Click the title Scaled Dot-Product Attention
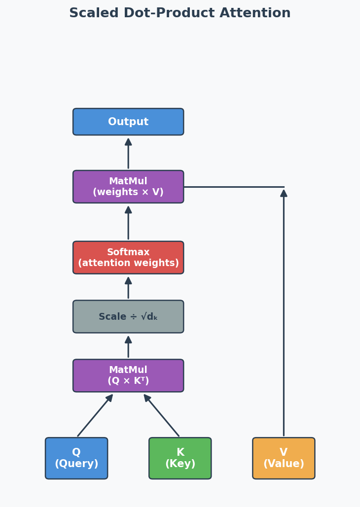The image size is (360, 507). pos(180,13)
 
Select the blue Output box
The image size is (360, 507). pos(128,122)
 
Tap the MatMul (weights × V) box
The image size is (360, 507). pos(128,187)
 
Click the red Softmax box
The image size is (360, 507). pos(128,257)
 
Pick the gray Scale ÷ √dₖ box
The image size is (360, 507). pos(128,317)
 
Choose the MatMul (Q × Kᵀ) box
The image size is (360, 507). pos(128,375)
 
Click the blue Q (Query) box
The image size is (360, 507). pos(76,458)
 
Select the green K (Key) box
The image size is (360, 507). pos(180,458)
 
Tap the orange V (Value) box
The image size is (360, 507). pos(284,458)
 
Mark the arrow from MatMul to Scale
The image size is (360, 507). pos(128,347)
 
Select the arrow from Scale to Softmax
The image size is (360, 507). pos(128,288)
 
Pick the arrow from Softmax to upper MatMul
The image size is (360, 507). pos(128,223)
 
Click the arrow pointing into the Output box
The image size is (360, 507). pos(128,153)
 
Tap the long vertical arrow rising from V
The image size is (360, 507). pos(284,315)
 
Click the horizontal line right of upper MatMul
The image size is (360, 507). pos(234,187)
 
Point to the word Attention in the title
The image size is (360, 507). pos(255,13)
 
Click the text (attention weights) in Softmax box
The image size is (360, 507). pos(128,263)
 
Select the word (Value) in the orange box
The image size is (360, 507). pos(284,464)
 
